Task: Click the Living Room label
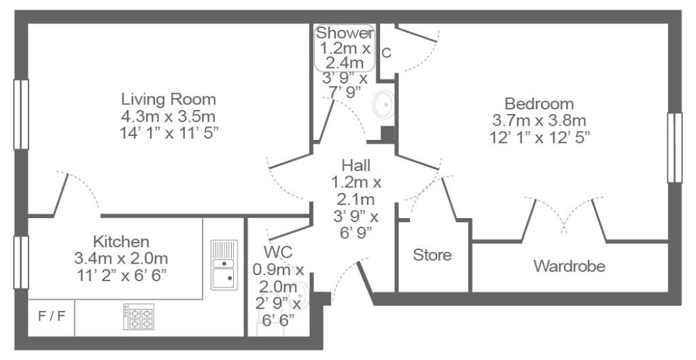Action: pos(169,99)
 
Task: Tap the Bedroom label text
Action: pos(539,104)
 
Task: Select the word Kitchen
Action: pos(121,242)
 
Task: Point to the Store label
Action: pos(432,255)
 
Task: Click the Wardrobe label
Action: pos(570,266)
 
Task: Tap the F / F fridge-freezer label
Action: pos(52,317)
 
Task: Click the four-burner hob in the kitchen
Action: pos(139,317)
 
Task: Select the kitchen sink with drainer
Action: pos(224,265)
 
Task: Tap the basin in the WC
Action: pos(300,293)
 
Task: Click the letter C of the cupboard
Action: pos(387,53)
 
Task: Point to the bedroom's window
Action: pos(675,147)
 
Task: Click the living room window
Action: pos(21,114)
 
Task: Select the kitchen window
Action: pos(21,262)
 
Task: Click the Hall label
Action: pos(356,166)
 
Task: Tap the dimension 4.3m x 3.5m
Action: pos(169,117)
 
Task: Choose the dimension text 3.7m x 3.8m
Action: pos(539,120)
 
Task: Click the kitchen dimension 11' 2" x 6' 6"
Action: pos(121,275)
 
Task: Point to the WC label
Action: pos(278,252)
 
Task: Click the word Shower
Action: pos(345,33)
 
